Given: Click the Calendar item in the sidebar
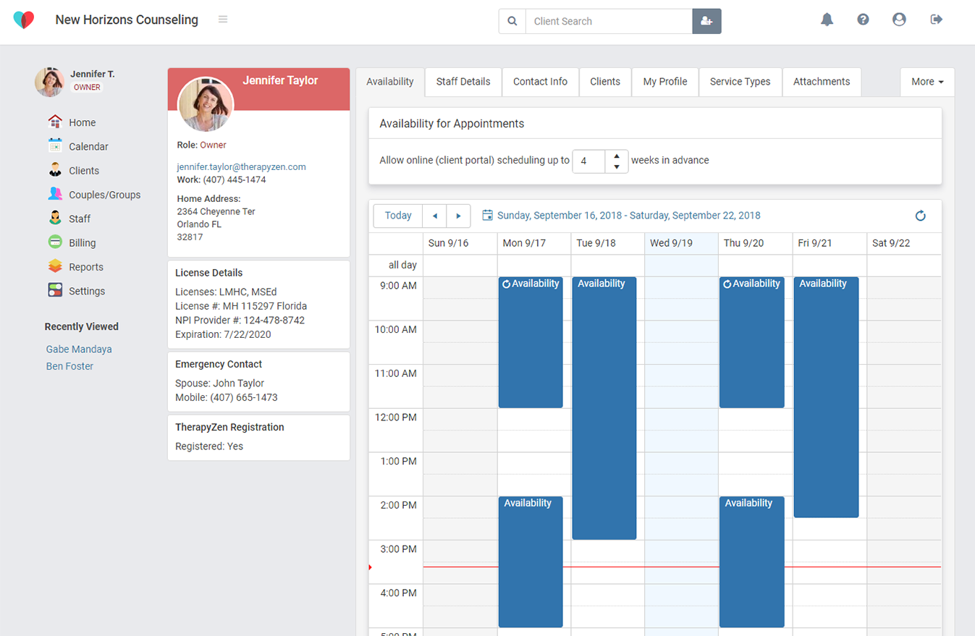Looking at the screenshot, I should point(88,147).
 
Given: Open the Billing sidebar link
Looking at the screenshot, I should point(82,243).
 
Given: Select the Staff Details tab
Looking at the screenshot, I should point(463,82).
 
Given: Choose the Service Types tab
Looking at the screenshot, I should point(740,82).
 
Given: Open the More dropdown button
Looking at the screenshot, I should point(927,82).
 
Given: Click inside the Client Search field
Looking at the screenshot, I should point(608,21).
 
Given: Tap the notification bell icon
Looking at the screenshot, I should point(827,20).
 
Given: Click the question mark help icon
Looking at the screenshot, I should point(863,20).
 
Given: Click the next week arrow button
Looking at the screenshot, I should point(458,216).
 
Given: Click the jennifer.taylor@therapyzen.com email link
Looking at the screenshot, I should point(241,166).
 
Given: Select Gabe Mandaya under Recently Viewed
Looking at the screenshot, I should point(79,349).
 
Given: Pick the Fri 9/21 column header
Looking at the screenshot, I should point(829,243).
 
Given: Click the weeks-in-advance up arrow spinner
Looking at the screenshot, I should point(616,156).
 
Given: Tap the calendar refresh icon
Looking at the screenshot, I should point(920,216).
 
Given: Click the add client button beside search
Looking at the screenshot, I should point(706,21).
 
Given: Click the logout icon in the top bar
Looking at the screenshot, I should point(936,20).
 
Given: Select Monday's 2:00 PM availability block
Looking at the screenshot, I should point(530,561).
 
